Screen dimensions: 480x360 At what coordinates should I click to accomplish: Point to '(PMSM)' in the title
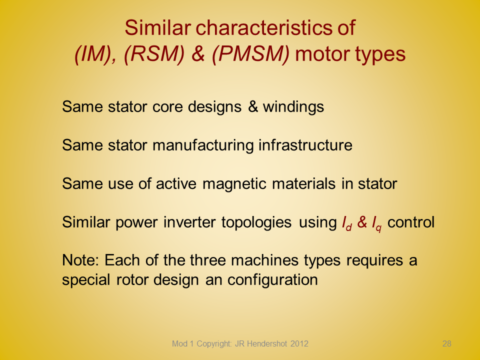tap(250, 54)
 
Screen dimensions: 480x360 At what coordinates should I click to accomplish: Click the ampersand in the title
tap(198, 54)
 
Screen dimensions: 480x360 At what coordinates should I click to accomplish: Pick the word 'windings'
tap(293, 107)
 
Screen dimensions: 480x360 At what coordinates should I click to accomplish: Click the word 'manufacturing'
tap(203, 145)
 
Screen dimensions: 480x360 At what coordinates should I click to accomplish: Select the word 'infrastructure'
tap(305, 145)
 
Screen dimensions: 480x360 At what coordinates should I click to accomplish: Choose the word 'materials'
tap(303, 183)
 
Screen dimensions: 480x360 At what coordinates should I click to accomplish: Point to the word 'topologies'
tap(256, 222)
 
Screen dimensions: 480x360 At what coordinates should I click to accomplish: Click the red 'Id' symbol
tap(347, 223)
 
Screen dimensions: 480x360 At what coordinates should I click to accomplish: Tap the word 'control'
tap(411, 222)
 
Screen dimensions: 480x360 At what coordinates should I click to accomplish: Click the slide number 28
tap(447, 343)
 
